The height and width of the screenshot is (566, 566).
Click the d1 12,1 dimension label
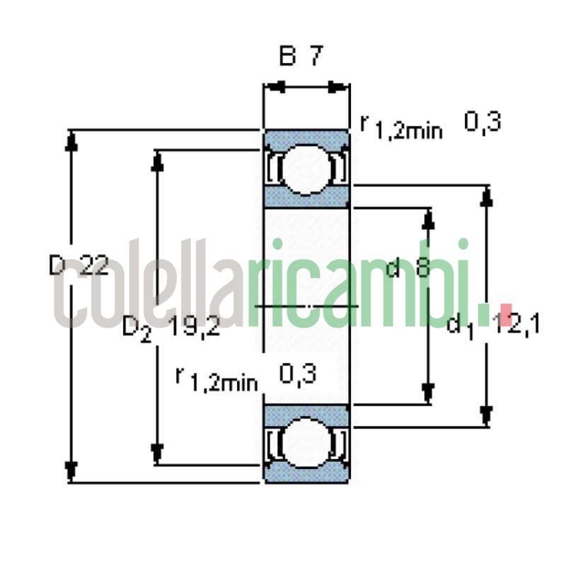(x=494, y=324)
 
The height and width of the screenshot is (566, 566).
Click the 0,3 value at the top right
(x=483, y=122)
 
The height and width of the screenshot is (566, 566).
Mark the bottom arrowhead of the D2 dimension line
(x=157, y=454)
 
